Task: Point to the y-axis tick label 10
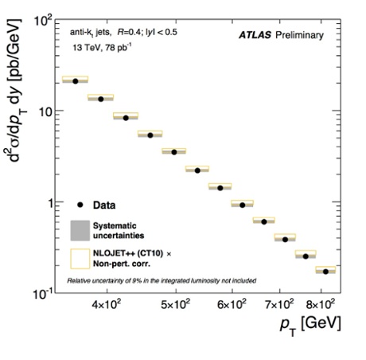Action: [45, 112]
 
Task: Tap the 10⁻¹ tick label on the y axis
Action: [41, 293]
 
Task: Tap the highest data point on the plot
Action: [76, 80]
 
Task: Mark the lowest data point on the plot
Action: [325, 272]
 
